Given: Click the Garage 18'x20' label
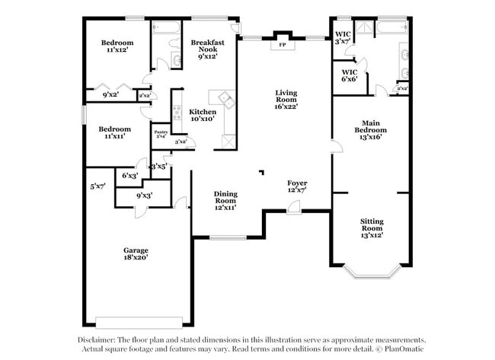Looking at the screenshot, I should pyautogui.click(x=136, y=253).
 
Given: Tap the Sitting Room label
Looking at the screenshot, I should pyautogui.click(x=372, y=228).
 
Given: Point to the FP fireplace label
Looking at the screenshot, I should pyautogui.click(x=283, y=45).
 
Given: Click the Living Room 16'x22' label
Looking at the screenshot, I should pyautogui.click(x=286, y=99).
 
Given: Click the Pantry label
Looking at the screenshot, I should pyautogui.click(x=161, y=134).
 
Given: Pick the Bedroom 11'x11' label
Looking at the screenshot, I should pyautogui.click(x=114, y=132).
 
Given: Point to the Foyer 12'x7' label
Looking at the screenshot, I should pyautogui.click(x=297, y=187).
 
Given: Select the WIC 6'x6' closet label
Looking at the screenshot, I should pyautogui.click(x=350, y=75).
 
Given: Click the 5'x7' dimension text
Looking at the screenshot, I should pyautogui.click(x=97, y=186).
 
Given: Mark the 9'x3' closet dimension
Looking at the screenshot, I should pyautogui.click(x=144, y=196).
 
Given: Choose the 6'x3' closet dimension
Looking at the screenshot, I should pyautogui.click(x=130, y=176).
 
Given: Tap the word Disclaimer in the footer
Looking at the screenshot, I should pyautogui.click(x=97, y=340).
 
